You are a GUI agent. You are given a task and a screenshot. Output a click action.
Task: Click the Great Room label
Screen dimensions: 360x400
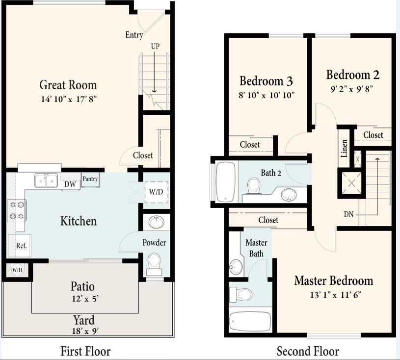(68, 85)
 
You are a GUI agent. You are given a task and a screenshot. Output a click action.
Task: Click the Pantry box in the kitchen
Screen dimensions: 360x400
(90, 180)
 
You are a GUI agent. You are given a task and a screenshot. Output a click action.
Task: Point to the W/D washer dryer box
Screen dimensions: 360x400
(156, 191)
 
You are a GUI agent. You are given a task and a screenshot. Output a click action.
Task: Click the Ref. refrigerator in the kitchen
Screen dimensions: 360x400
(21, 246)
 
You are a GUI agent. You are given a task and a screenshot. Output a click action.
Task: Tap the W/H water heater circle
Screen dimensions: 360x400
(17, 269)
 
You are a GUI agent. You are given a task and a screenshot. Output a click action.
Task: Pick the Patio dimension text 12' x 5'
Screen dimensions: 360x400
(82, 297)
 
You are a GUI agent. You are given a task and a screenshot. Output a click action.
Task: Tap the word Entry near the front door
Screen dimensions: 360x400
(134, 35)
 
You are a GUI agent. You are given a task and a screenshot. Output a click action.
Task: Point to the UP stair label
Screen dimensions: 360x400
(156, 46)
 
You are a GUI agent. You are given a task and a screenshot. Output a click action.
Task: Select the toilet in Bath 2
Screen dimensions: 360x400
(254, 186)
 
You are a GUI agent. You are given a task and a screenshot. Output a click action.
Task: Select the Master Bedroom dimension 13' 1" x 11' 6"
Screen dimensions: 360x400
(333, 295)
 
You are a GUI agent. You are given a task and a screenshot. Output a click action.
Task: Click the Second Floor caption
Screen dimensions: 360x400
(307, 351)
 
